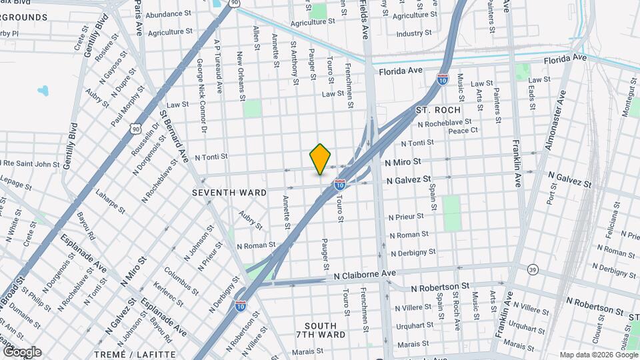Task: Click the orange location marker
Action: (x=320, y=159)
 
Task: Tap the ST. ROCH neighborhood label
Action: (x=438, y=109)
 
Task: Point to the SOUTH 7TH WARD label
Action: (x=321, y=329)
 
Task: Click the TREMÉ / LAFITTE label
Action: (x=125, y=355)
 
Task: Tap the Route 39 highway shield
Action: (x=533, y=269)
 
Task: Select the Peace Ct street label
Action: (x=463, y=131)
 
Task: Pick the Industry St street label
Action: (x=414, y=33)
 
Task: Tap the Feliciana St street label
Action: (x=615, y=223)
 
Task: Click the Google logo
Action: (x=21, y=352)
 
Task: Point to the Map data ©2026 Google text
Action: (x=598, y=355)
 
